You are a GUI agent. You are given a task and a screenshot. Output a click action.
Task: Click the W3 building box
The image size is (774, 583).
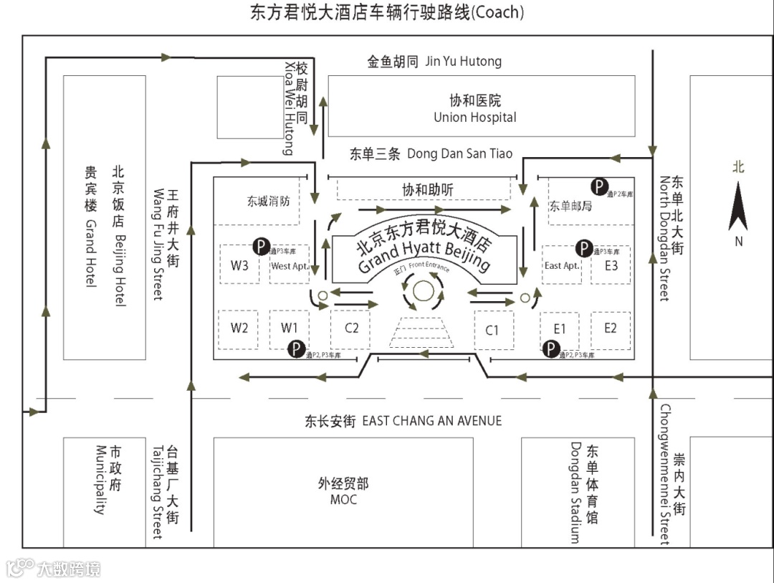pyautogui.click(x=239, y=264)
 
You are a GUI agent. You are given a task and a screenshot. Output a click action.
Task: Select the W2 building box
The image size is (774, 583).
pyautogui.click(x=239, y=328)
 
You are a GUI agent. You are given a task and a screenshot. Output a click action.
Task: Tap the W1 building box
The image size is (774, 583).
pyautogui.click(x=290, y=328)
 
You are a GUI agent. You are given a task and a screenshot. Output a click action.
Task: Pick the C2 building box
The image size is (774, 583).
pyautogui.click(x=350, y=329)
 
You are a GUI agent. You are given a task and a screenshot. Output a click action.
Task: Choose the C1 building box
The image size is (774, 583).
pyautogui.click(x=494, y=330)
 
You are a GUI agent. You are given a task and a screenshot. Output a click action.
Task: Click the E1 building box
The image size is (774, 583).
pyautogui.click(x=560, y=329)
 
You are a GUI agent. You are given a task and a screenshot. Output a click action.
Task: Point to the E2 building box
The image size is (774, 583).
pyautogui.click(x=611, y=329)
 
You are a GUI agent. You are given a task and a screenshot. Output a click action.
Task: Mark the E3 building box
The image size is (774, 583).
pyautogui.click(x=611, y=265)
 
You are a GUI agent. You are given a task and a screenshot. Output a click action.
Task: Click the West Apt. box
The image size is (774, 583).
pyautogui.click(x=290, y=265)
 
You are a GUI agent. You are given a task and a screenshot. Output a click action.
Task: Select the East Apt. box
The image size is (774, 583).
pyautogui.click(x=562, y=265)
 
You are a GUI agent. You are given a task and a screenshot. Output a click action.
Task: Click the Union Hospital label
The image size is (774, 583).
pyautogui.click(x=474, y=117)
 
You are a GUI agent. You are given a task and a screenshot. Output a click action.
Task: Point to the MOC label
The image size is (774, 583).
pyautogui.click(x=343, y=499)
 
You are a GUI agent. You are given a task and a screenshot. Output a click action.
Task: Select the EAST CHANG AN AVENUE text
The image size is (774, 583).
pyautogui.click(x=431, y=421)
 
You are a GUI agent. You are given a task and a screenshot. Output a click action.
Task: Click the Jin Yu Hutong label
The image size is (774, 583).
pyautogui.click(x=464, y=62)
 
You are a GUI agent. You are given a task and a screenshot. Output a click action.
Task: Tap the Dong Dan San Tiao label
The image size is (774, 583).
pyautogui.click(x=459, y=153)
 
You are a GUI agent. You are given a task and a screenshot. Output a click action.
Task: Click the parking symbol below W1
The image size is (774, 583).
pyautogui.click(x=295, y=349)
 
